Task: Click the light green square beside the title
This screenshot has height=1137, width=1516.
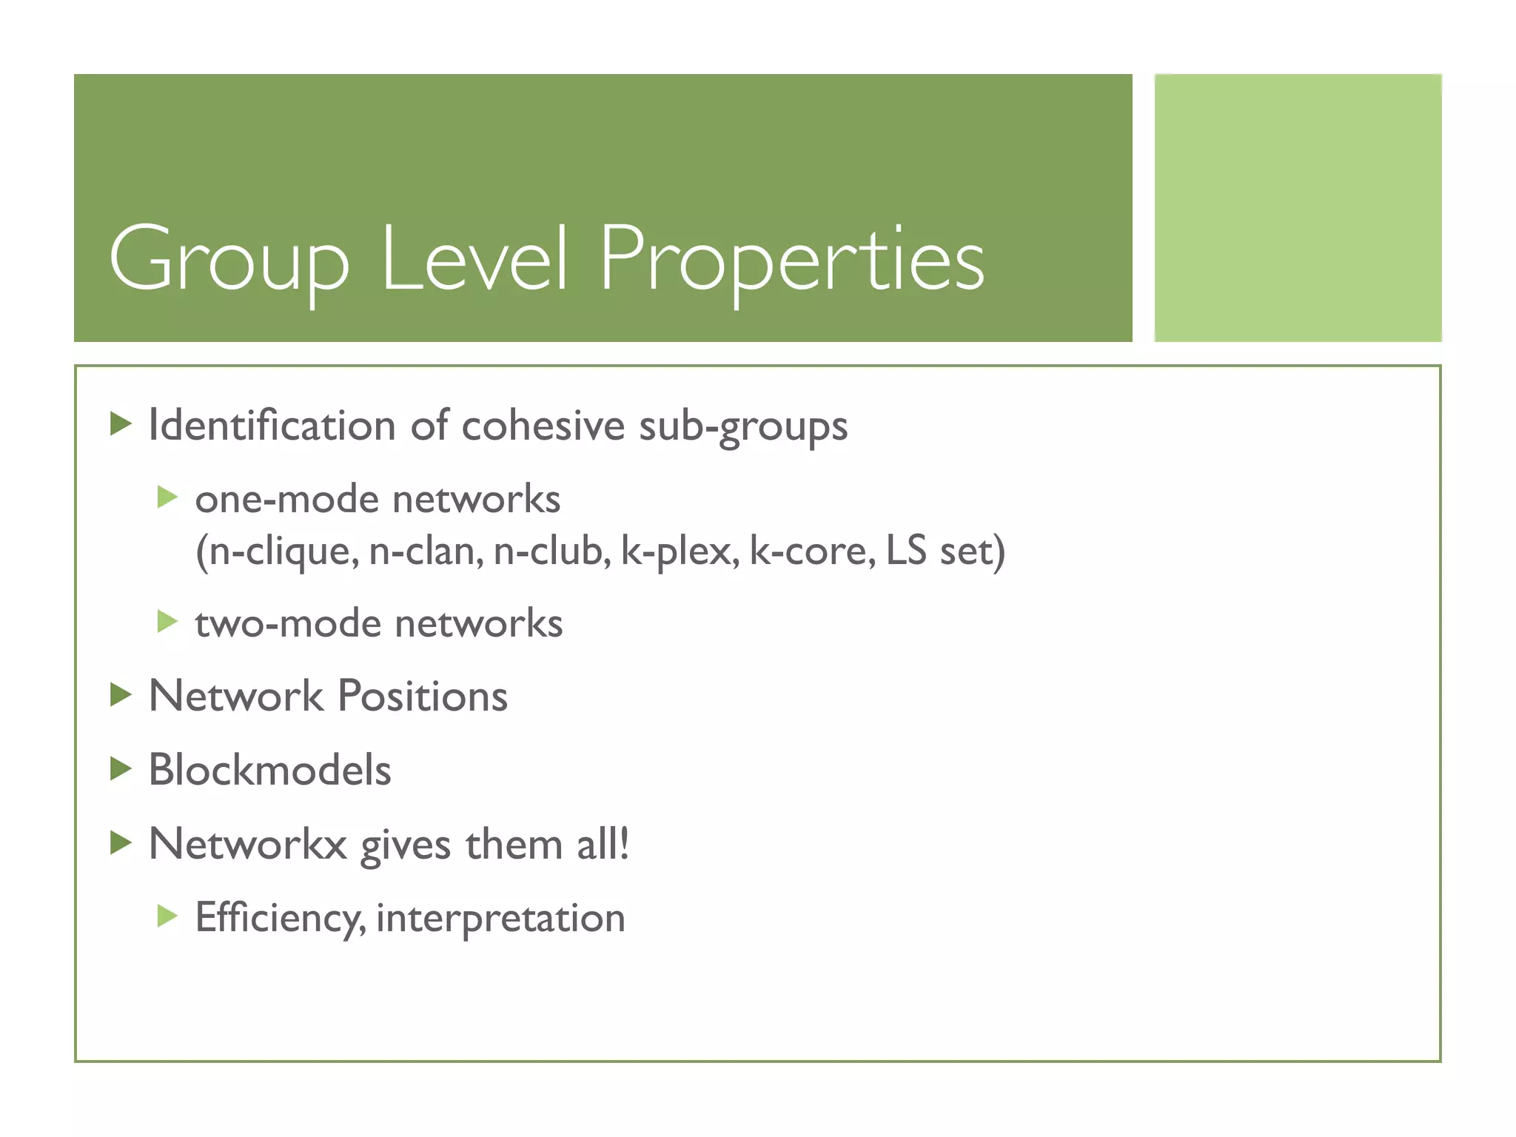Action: click(1298, 208)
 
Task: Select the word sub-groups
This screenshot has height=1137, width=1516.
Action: click(743, 428)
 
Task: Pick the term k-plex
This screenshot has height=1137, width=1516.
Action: click(679, 551)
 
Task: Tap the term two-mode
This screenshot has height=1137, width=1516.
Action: click(289, 623)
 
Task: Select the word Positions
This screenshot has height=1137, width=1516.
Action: click(423, 697)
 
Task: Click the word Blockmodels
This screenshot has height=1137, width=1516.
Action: click(269, 770)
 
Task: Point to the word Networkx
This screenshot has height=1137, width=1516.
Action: click(247, 844)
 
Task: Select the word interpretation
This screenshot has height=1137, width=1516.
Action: click(500, 919)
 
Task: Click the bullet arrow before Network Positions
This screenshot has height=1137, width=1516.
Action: click(121, 695)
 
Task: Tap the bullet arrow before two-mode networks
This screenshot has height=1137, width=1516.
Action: click(167, 621)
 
